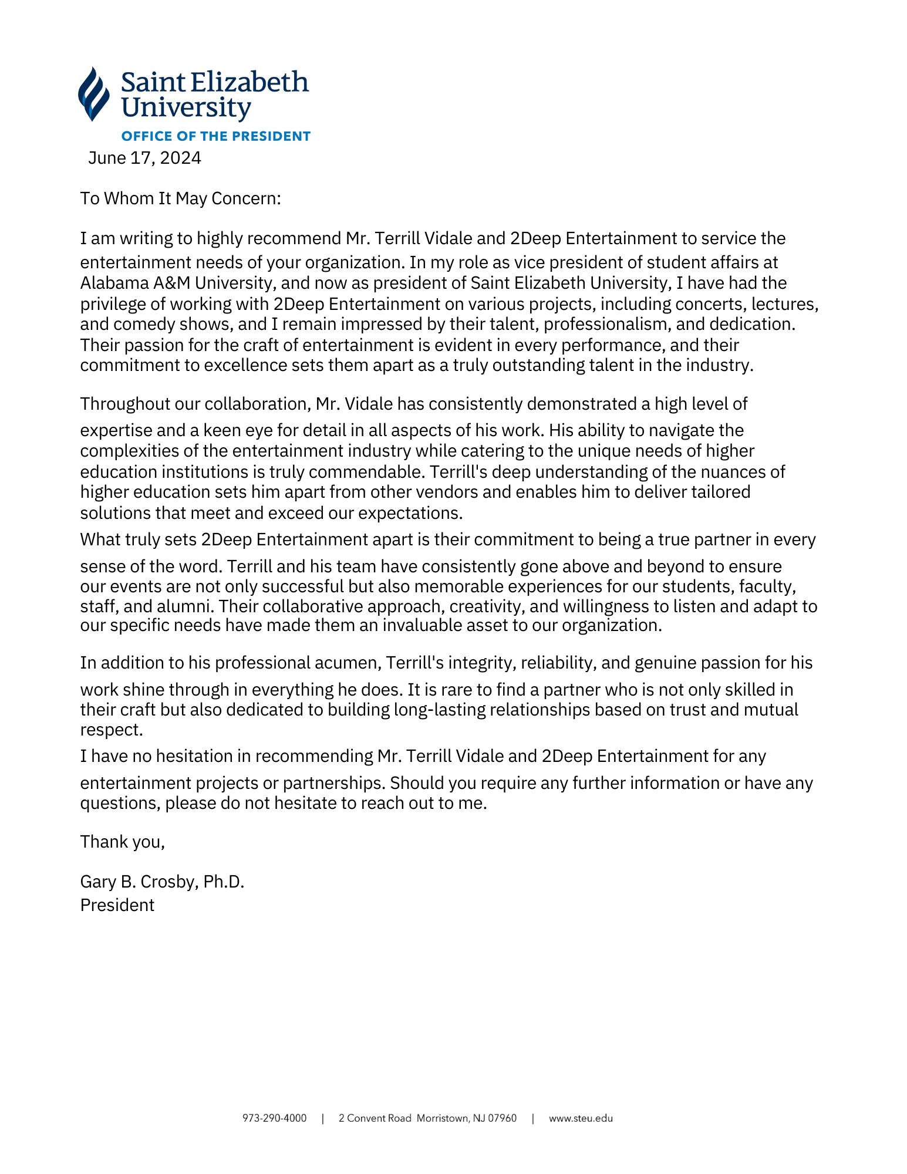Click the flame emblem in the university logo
tap(94, 94)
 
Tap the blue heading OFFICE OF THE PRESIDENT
tap(215, 136)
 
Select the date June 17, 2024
tap(144, 158)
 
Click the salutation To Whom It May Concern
tap(180, 198)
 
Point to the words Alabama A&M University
tap(177, 283)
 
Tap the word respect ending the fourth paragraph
tap(110, 730)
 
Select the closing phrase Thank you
tap(122, 842)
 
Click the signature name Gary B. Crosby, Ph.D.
tap(162, 882)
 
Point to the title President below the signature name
tap(117, 905)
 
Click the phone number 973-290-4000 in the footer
tap(274, 1118)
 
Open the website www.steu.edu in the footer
tap(581, 1118)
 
